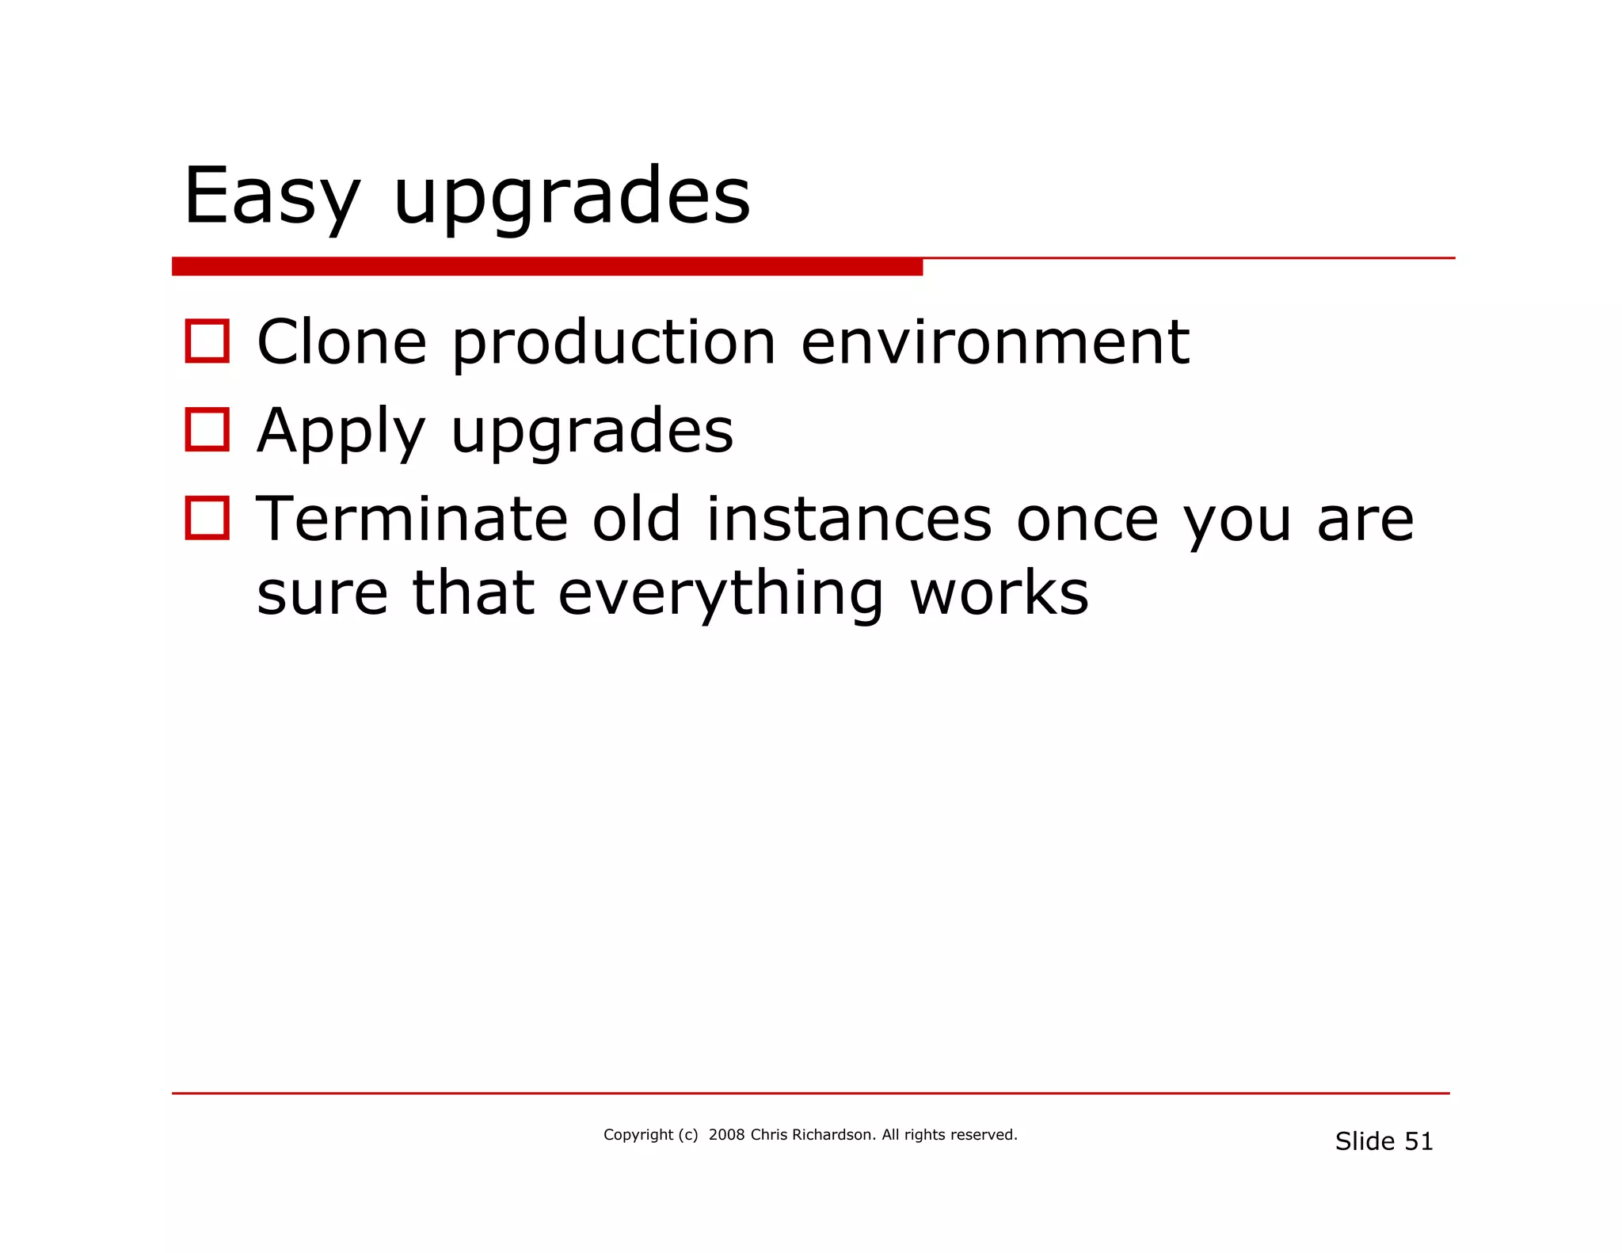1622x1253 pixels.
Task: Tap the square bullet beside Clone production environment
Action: coord(208,341)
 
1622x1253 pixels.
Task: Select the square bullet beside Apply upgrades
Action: coord(208,430)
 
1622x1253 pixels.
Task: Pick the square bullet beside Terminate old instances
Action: coord(208,519)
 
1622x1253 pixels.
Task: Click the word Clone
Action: coord(342,342)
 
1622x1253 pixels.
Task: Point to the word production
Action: coord(614,344)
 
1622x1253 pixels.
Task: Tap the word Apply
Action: coord(341,432)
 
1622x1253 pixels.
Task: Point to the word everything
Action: coord(720,594)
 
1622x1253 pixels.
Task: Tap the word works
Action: coord(999,594)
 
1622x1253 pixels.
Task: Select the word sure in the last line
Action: coord(322,594)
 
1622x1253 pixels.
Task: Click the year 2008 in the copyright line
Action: coord(726,1135)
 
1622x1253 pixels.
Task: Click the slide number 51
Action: coord(1418,1141)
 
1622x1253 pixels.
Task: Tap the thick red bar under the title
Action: coord(546,267)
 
